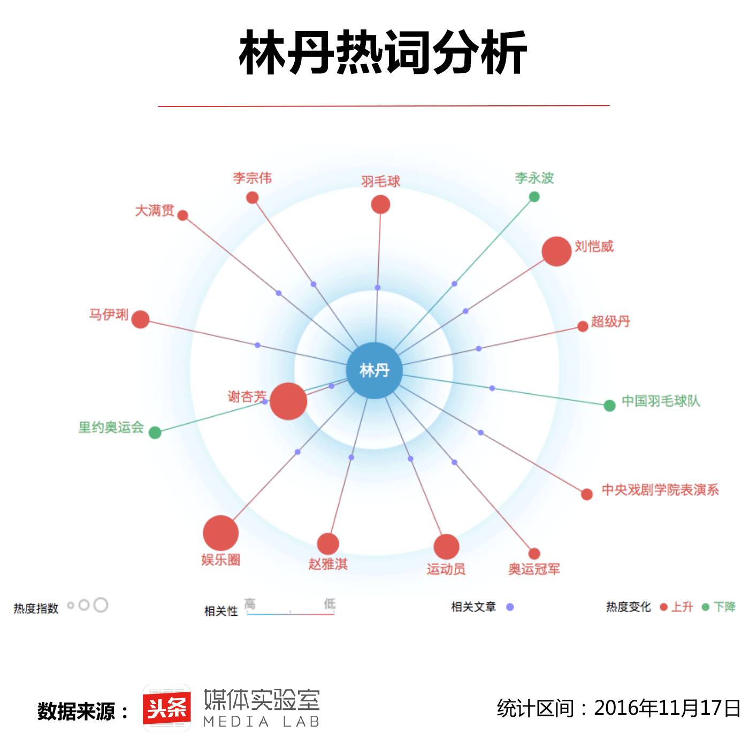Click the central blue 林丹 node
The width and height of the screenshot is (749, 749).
click(374, 370)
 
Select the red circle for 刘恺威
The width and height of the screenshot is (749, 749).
click(556, 251)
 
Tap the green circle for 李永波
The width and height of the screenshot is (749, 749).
click(534, 197)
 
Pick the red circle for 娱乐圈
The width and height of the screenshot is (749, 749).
click(220, 533)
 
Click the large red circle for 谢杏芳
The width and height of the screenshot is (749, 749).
click(288, 401)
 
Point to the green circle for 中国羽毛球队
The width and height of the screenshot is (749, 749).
click(609, 406)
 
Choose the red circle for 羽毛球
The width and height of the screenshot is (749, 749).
click(380, 204)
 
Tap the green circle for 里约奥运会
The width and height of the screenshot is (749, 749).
click(155, 432)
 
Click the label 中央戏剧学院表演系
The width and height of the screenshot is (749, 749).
click(660, 490)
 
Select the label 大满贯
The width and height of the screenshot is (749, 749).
click(155, 210)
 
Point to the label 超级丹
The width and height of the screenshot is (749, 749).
click(610, 322)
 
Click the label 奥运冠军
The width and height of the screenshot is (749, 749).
click(534, 569)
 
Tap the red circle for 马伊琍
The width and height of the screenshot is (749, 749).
click(140, 319)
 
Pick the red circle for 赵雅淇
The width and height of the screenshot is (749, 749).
click(328, 544)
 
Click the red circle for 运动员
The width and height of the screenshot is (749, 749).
click(446, 547)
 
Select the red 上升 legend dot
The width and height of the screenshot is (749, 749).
click(664, 607)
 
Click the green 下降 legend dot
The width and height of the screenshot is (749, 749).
click(705, 607)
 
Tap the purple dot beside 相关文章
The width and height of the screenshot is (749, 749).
click(510, 607)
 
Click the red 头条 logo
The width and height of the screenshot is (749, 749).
click(166, 708)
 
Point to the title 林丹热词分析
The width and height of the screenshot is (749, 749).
click(383, 52)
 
